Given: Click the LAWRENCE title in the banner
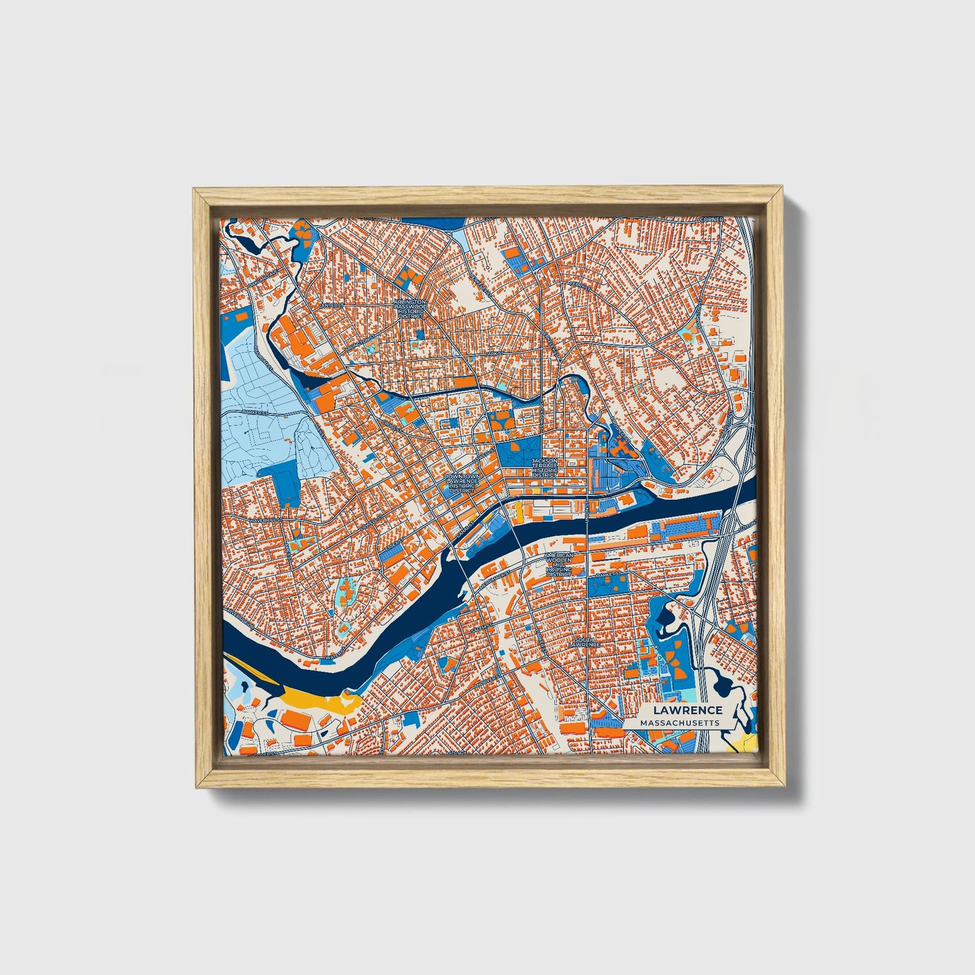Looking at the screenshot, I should [688, 710].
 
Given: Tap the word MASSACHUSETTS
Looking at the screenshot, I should [679, 723].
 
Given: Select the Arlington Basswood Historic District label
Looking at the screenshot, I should [410, 308].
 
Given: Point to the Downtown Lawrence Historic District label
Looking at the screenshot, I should [462, 483].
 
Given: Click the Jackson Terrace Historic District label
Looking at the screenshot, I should [545, 468].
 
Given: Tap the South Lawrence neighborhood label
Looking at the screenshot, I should [586, 641].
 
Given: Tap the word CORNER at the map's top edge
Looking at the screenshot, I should [711, 219].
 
